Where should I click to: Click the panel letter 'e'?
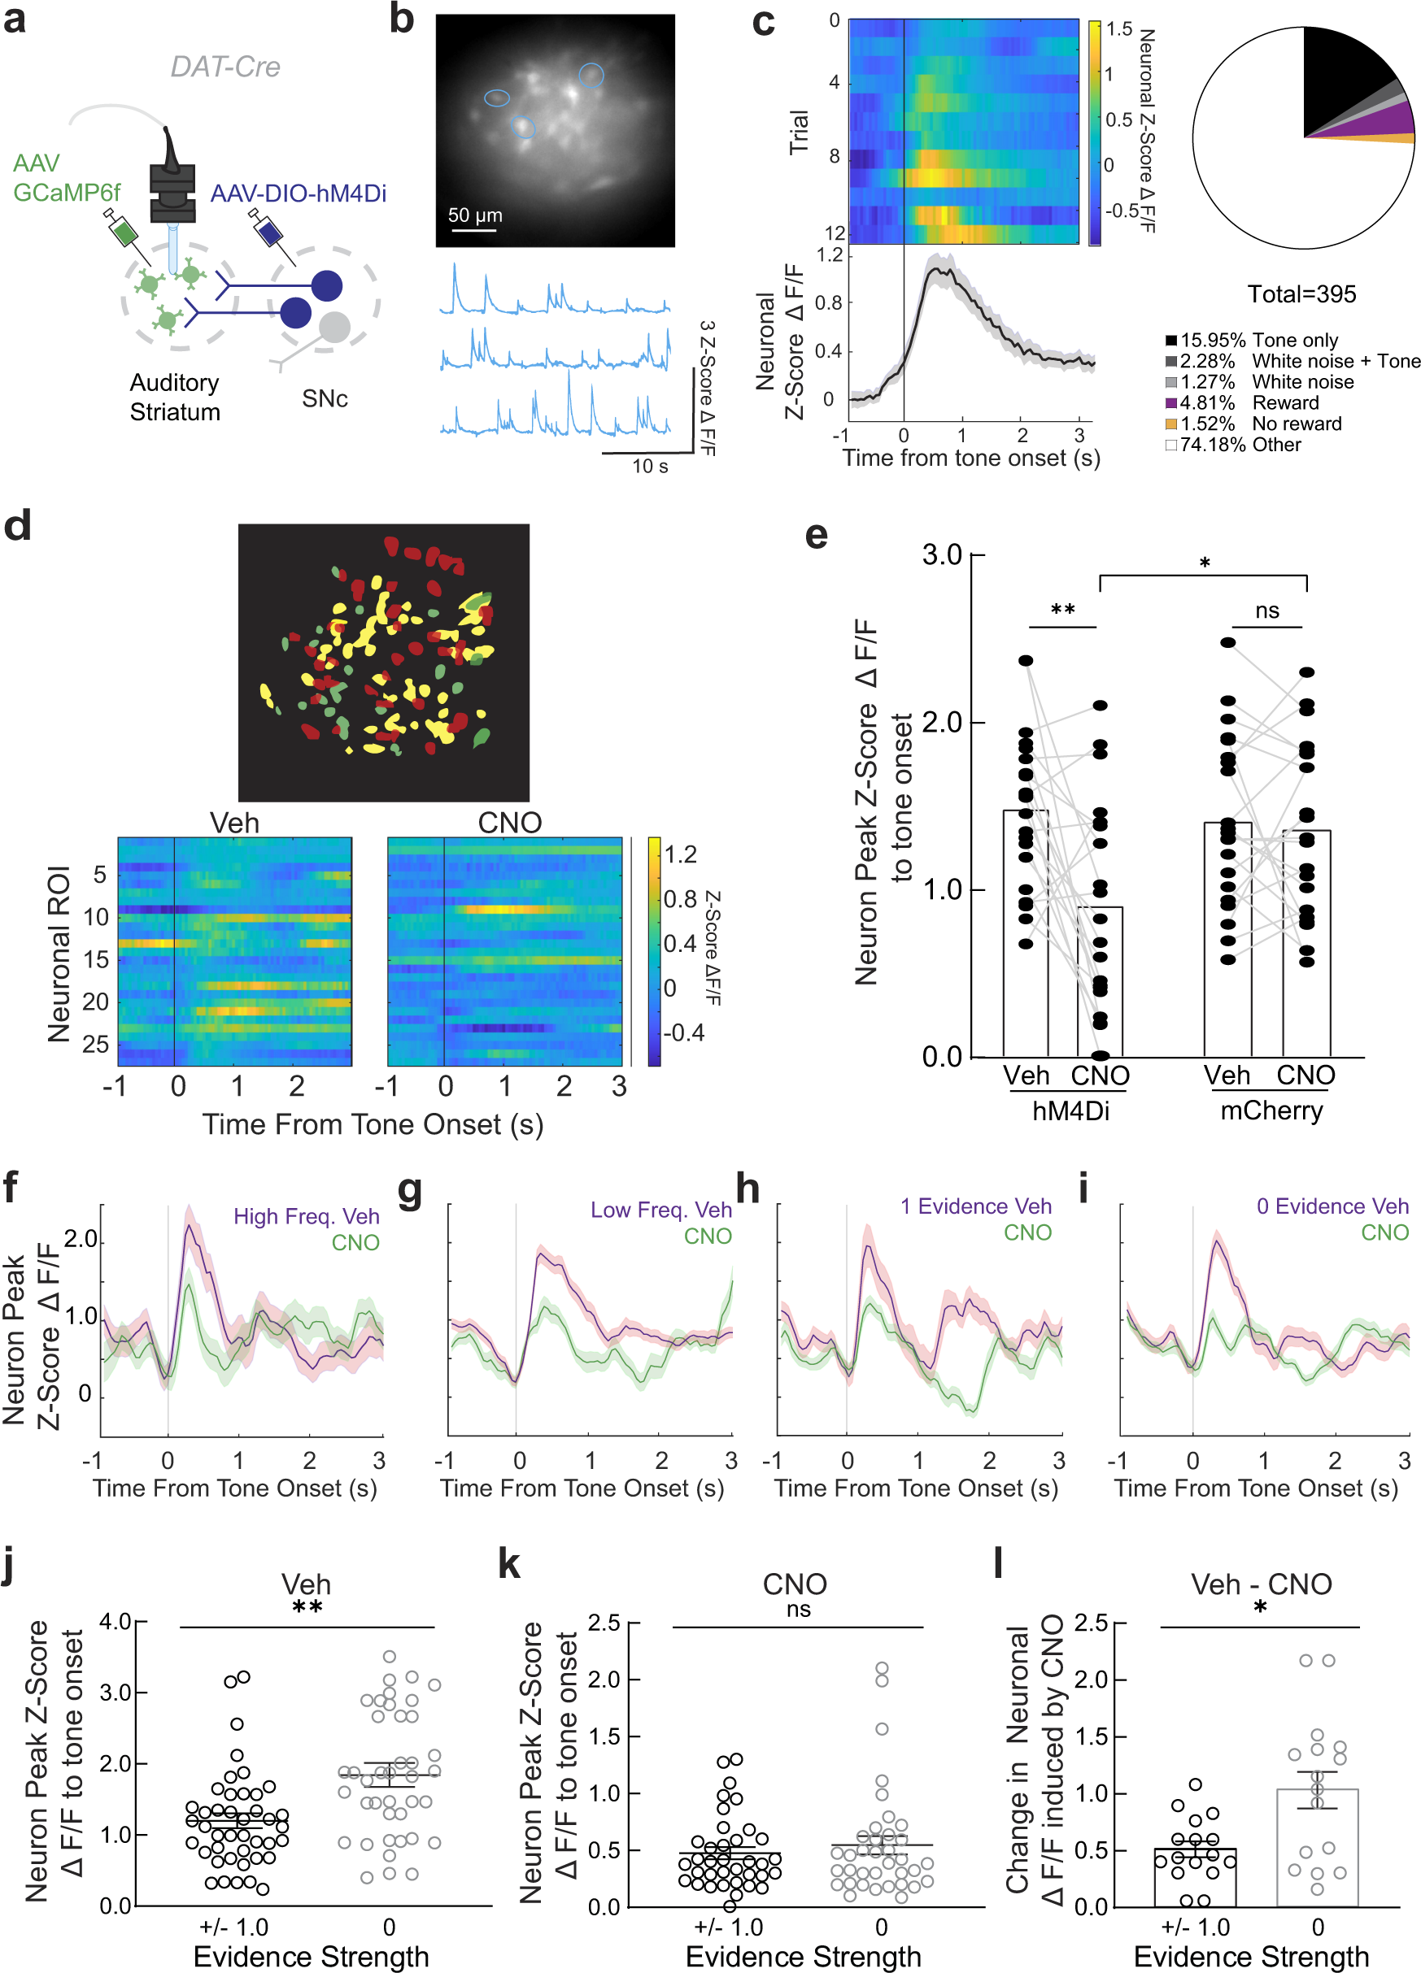point(815,534)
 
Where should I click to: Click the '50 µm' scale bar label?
point(474,215)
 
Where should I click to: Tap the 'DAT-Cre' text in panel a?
point(224,67)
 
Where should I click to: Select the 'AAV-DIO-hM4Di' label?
point(298,193)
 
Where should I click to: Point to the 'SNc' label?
point(324,398)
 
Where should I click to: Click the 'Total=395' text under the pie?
point(1301,294)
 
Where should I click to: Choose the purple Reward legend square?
point(1171,402)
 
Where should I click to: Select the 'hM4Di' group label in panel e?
point(1070,1111)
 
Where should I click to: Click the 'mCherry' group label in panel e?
point(1271,1111)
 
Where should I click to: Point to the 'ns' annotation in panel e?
point(1267,611)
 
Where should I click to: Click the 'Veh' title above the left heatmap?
point(234,822)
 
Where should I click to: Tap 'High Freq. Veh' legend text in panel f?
point(307,1216)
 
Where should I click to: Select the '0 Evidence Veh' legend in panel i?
point(1332,1206)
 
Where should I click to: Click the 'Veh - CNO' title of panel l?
point(1260,1584)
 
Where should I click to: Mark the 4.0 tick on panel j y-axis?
point(114,1622)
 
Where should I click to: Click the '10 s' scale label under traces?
point(649,467)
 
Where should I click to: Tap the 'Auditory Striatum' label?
point(174,397)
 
